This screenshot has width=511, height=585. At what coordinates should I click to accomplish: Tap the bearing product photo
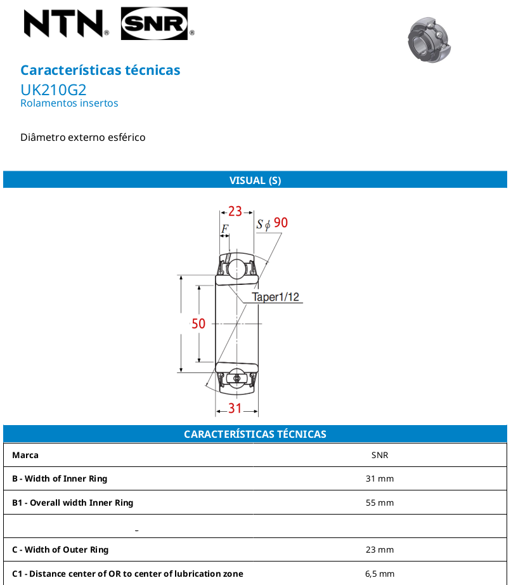(429, 39)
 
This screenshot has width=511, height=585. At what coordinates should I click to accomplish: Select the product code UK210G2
(53, 90)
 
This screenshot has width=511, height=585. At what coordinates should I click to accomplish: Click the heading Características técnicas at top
(100, 70)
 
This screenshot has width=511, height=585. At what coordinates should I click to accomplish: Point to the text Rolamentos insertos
(69, 103)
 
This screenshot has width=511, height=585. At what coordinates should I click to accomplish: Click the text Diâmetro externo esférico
(83, 137)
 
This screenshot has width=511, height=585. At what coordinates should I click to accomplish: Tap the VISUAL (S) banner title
(255, 180)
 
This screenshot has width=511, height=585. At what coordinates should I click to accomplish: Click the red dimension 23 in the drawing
(235, 211)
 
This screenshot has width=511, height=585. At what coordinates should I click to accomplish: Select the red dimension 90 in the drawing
(281, 223)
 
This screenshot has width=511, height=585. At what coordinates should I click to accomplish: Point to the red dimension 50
(198, 324)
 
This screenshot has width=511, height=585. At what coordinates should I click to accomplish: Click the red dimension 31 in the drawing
(235, 408)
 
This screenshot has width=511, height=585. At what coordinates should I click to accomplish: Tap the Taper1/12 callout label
(275, 297)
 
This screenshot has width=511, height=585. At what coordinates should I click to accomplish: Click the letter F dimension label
(224, 228)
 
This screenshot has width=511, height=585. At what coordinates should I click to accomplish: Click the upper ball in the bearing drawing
(236, 269)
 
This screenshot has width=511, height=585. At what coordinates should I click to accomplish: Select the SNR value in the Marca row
(380, 455)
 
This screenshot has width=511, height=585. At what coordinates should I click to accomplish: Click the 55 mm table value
(380, 503)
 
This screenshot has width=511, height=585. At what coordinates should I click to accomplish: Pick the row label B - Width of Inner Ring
(60, 478)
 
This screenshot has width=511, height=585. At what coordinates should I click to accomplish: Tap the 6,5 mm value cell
(380, 574)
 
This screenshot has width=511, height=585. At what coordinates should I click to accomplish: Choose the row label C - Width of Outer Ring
(60, 550)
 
